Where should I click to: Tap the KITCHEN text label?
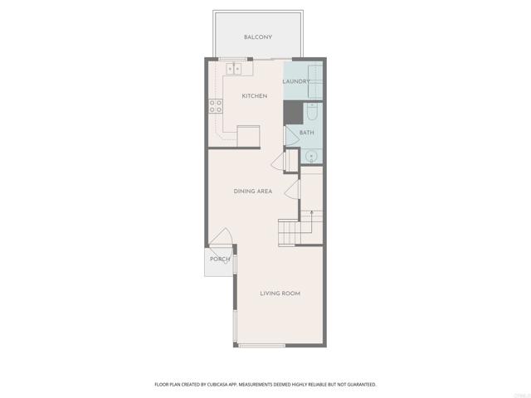(254, 96)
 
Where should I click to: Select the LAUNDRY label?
(296, 81)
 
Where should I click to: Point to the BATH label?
(307, 133)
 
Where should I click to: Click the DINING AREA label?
(253, 192)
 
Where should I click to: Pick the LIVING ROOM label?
(280, 294)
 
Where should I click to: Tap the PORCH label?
(220, 260)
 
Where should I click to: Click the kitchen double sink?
(234, 69)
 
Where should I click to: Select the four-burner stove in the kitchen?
(215, 106)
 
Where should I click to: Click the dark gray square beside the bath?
(293, 112)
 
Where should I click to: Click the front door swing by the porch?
(220, 240)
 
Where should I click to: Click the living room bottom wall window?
(261, 345)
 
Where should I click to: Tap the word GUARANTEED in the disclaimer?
(359, 385)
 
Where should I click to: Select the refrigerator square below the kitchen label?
(249, 136)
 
